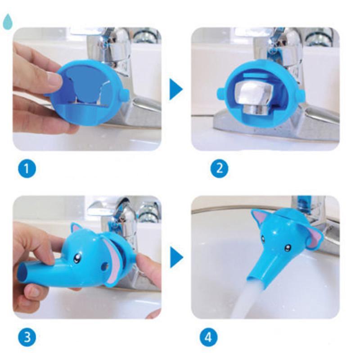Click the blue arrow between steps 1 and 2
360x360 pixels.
pyautogui.click(x=176, y=89)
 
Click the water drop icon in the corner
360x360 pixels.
pyautogui.click(x=7, y=21)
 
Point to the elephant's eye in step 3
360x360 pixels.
pyautogui.click(x=78, y=258)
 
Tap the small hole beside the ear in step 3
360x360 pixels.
pyautogui.click(x=105, y=266)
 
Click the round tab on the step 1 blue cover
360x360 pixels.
pyautogui.click(x=124, y=95)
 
